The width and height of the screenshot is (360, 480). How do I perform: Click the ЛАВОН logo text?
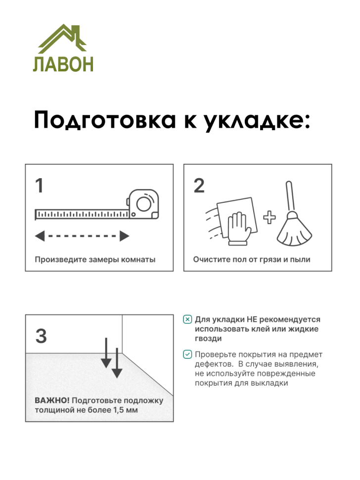(63, 64)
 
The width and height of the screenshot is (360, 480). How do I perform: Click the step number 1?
(39, 187)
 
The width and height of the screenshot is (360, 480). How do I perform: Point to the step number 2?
(199, 187)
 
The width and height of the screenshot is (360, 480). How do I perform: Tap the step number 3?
(41, 336)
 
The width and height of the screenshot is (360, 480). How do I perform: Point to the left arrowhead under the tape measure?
(40, 236)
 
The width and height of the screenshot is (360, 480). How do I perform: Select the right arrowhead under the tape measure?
(125, 236)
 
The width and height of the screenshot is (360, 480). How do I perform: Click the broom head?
(294, 232)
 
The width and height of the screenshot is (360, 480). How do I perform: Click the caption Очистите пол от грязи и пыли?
(252, 260)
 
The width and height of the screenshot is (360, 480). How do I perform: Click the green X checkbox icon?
(187, 320)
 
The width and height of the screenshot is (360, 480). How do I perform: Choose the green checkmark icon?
(187, 354)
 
